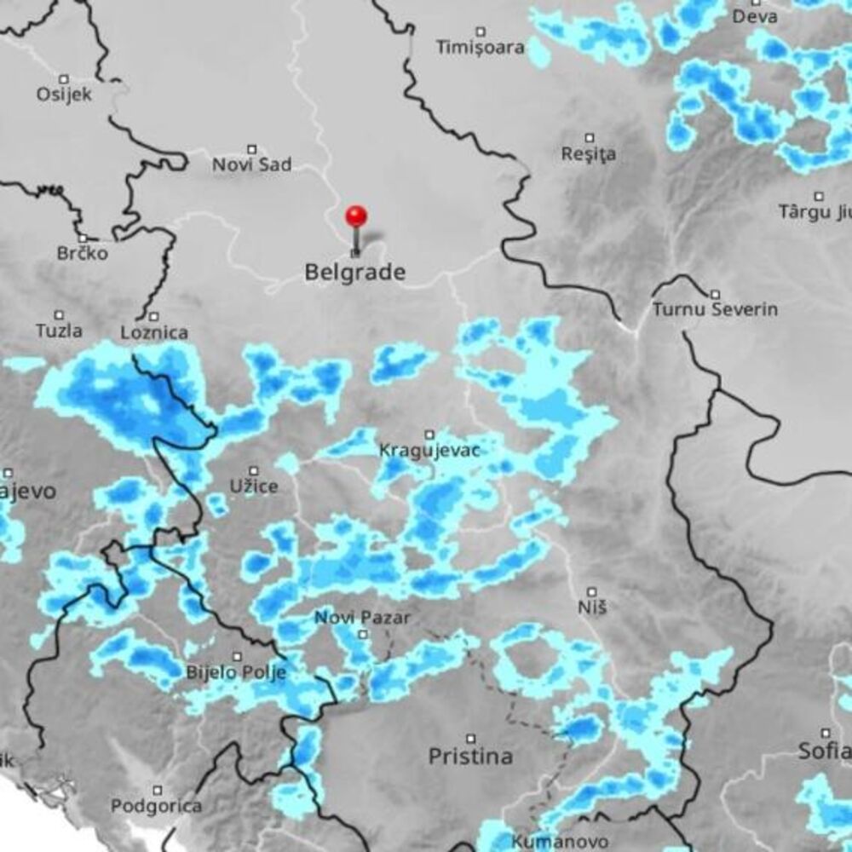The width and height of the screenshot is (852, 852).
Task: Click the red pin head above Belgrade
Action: [356, 215]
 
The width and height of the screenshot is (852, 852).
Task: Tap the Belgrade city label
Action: [355, 273]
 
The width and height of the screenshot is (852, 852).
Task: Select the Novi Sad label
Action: [251, 164]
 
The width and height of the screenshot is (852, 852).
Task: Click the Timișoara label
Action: [481, 47]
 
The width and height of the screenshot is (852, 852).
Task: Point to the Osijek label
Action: [65, 93]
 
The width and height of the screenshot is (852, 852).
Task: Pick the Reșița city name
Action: [589, 154]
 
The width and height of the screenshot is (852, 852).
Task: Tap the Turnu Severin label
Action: [715, 309]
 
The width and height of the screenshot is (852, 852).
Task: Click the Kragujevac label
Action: [429, 450]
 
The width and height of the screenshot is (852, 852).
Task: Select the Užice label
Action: [254, 486]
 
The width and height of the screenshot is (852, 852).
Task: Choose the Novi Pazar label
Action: [362, 618]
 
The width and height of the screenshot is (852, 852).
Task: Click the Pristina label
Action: [470, 756]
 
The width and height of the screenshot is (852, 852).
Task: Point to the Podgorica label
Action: [157, 805]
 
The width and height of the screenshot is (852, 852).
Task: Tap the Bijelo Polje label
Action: [237, 673]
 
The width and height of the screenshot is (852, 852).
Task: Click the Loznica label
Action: [154, 332]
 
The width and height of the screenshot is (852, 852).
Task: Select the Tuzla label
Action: [59, 331]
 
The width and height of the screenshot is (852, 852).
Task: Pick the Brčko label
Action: [83, 253]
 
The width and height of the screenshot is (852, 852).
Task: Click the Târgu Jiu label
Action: [815, 211]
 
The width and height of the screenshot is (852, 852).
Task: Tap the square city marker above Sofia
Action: [825, 733]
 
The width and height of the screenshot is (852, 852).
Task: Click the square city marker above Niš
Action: [592, 590]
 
